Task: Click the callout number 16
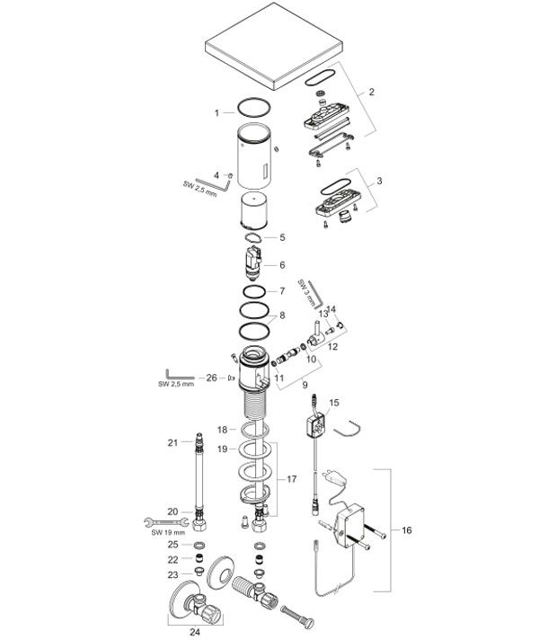[406, 530]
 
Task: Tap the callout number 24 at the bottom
[195, 632]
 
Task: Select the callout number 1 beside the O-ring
[217, 113]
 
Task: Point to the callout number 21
[172, 443]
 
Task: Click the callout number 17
[291, 479]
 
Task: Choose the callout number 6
[282, 265]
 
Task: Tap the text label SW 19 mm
[168, 533]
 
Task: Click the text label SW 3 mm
[307, 293]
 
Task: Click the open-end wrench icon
[166, 522]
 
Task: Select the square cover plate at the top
[274, 46]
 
